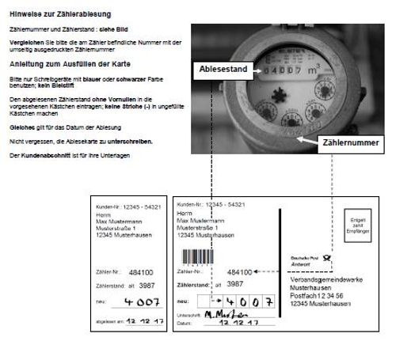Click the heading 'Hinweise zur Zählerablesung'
60,14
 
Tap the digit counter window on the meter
274,70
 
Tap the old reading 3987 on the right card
234,282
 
